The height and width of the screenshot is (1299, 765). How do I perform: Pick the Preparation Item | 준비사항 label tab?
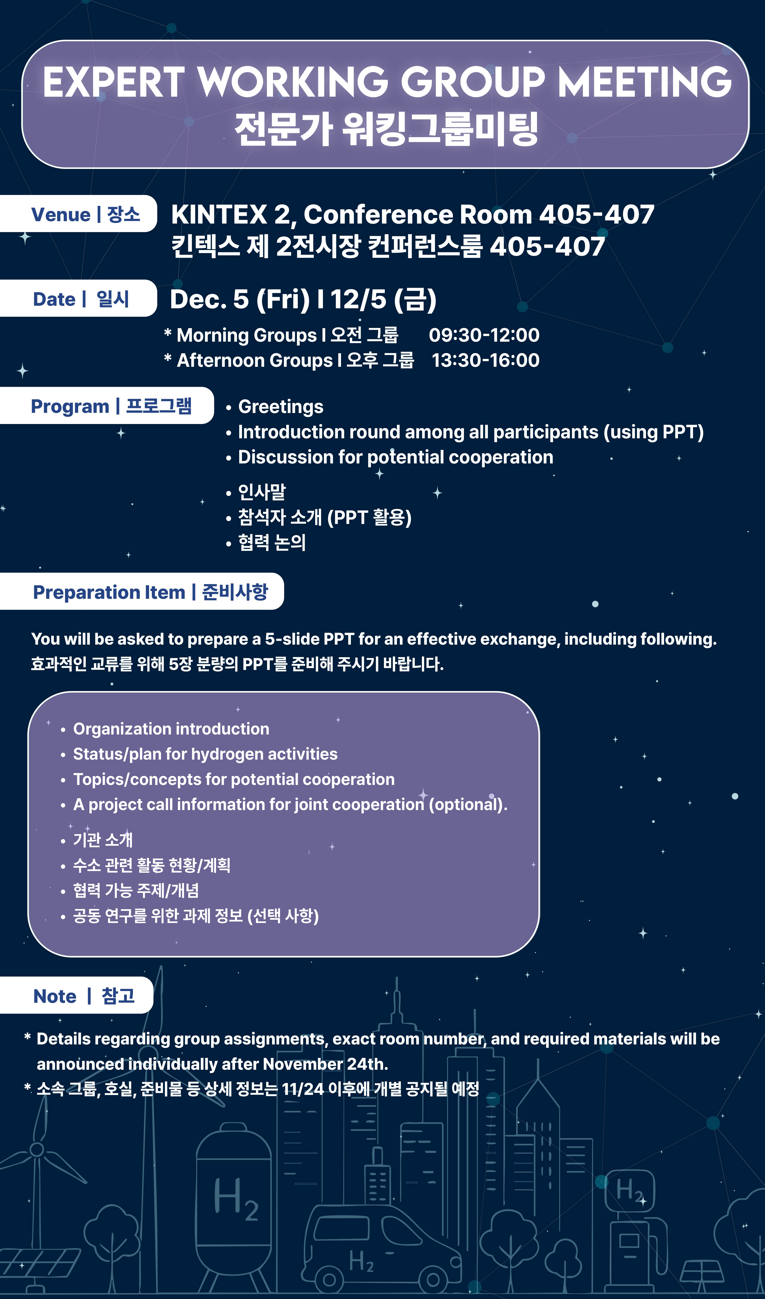tap(142, 591)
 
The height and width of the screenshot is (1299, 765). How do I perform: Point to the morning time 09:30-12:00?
tap(484, 335)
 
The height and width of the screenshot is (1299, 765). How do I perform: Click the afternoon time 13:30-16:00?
tap(485, 360)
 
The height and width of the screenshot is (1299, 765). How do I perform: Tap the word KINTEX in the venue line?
tap(219, 214)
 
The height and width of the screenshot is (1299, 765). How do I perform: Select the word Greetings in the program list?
tap(281, 407)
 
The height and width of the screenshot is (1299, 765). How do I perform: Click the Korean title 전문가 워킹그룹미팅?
tap(386, 129)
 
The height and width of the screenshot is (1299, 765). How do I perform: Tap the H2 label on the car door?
tap(361, 1261)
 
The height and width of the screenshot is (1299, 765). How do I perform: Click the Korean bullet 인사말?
tap(262, 492)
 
